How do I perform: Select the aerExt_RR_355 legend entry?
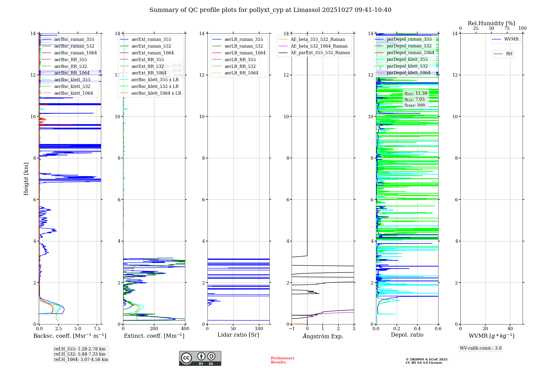147,60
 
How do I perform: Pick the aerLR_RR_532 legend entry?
240,66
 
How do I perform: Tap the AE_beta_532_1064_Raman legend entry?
319,46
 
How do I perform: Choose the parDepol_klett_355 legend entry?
407,59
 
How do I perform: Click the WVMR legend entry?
511,39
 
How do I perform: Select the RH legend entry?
509,54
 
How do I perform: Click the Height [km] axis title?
26,179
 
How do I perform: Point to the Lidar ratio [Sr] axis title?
238,335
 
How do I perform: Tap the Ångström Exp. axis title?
323,336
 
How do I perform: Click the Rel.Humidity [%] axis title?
491,23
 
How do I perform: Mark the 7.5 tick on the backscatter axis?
97,329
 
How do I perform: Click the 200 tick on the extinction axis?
154,329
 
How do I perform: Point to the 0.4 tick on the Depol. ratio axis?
417,329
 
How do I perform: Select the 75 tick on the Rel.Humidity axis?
507,28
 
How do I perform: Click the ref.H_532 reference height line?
80,354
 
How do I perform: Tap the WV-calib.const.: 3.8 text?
481,348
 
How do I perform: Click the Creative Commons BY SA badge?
200,359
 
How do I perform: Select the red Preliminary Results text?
282,360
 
